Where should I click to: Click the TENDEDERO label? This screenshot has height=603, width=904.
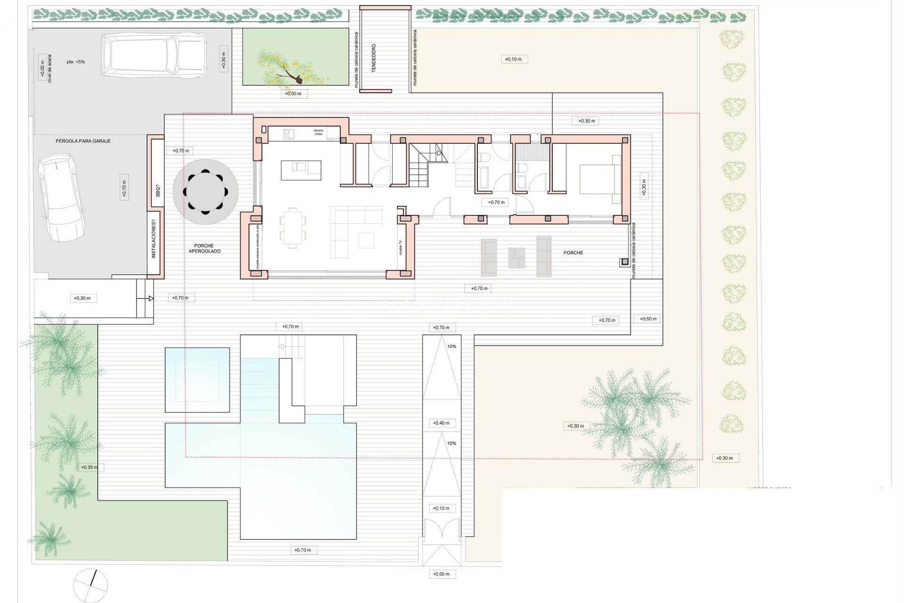(x=374, y=58)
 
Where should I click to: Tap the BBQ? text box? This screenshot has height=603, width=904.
(x=158, y=191)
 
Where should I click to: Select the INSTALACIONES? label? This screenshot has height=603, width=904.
(x=153, y=241)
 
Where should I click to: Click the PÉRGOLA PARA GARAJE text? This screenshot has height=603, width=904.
(x=83, y=141)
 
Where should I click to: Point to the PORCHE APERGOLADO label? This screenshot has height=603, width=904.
(x=204, y=248)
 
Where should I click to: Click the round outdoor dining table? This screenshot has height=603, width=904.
(x=205, y=192)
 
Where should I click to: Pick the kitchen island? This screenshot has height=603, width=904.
(x=301, y=170)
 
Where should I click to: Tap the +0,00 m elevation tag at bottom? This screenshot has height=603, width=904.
(x=441, y=574)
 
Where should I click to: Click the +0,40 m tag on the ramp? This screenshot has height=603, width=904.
(x=441, y=423)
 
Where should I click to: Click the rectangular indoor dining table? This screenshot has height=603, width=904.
(x=292, y=228)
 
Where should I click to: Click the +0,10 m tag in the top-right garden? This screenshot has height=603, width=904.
(x=513, y=59)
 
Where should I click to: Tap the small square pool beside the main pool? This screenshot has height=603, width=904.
(x=197, y=380)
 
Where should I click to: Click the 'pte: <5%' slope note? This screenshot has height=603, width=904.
(x=75, y=62)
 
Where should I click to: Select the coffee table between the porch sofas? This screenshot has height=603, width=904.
(x=517, y=258)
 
